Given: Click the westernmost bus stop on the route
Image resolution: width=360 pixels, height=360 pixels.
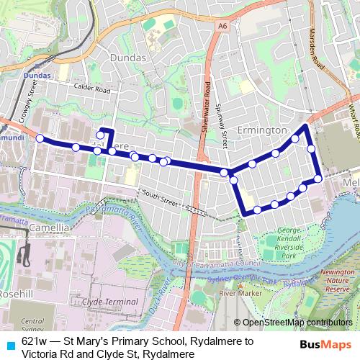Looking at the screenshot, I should pos(40,138).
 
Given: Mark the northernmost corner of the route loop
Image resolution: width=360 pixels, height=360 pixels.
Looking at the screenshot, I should pos(307,127).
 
